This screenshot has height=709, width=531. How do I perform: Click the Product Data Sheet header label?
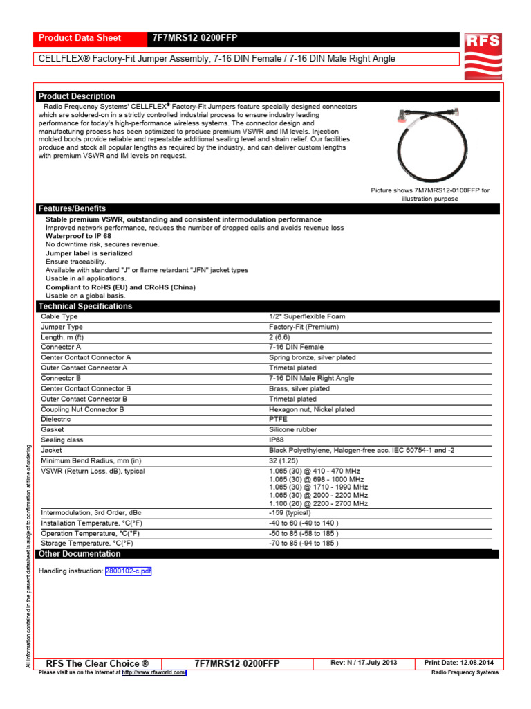pos(80,38)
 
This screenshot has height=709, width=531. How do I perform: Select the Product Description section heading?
pos(77,96)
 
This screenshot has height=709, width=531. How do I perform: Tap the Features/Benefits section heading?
pos(72,208)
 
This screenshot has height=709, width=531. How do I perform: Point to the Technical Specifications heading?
pos(85,306)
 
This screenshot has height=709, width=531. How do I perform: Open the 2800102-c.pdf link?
pos(128,571)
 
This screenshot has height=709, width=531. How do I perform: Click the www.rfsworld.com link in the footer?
pos(154,672)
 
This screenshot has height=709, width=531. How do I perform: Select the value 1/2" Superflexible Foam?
pos(307,316)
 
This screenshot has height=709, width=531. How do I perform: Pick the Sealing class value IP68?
pos(277,440)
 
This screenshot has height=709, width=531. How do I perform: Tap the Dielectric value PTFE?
pos(278,419)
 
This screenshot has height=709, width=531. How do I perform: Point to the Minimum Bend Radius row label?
pos(91,460)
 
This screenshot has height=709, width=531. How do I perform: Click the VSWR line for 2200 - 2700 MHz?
pos(318,503)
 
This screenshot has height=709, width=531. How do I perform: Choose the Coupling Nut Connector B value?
pos(312,409)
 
